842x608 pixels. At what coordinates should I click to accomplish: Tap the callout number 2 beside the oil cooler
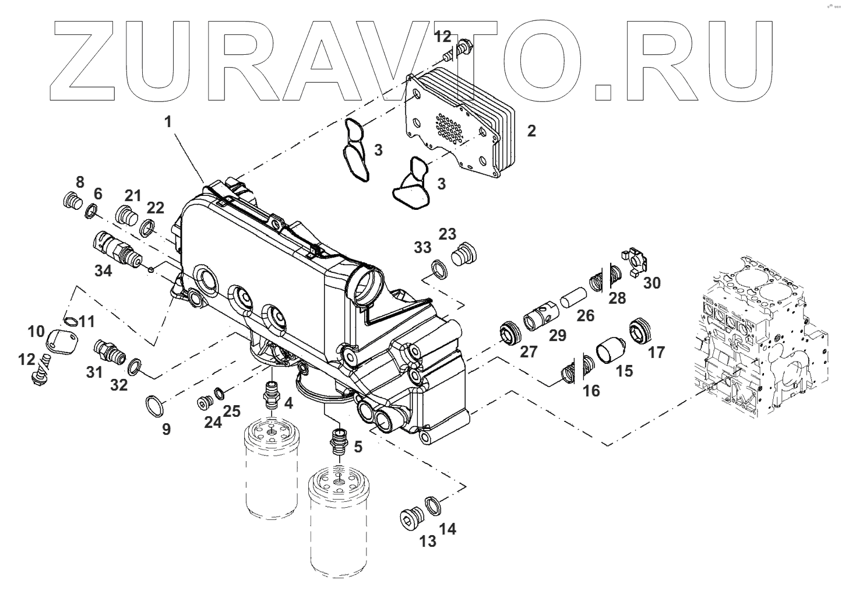tap(531, 131)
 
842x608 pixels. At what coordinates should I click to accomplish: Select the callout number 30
tap(652, 283)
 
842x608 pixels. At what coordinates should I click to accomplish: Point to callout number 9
tap(166, 430)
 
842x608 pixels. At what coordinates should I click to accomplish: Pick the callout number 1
tap(168, 122)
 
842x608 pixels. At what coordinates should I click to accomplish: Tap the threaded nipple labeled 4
tap(272, 393)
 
